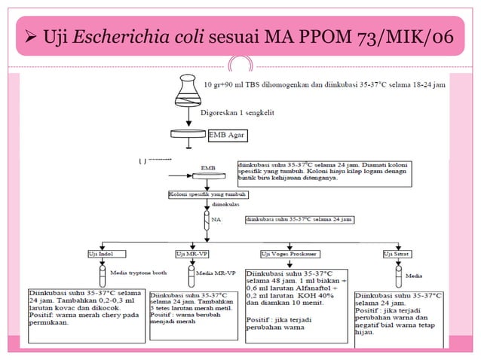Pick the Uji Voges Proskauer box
[x=287, y=254]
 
